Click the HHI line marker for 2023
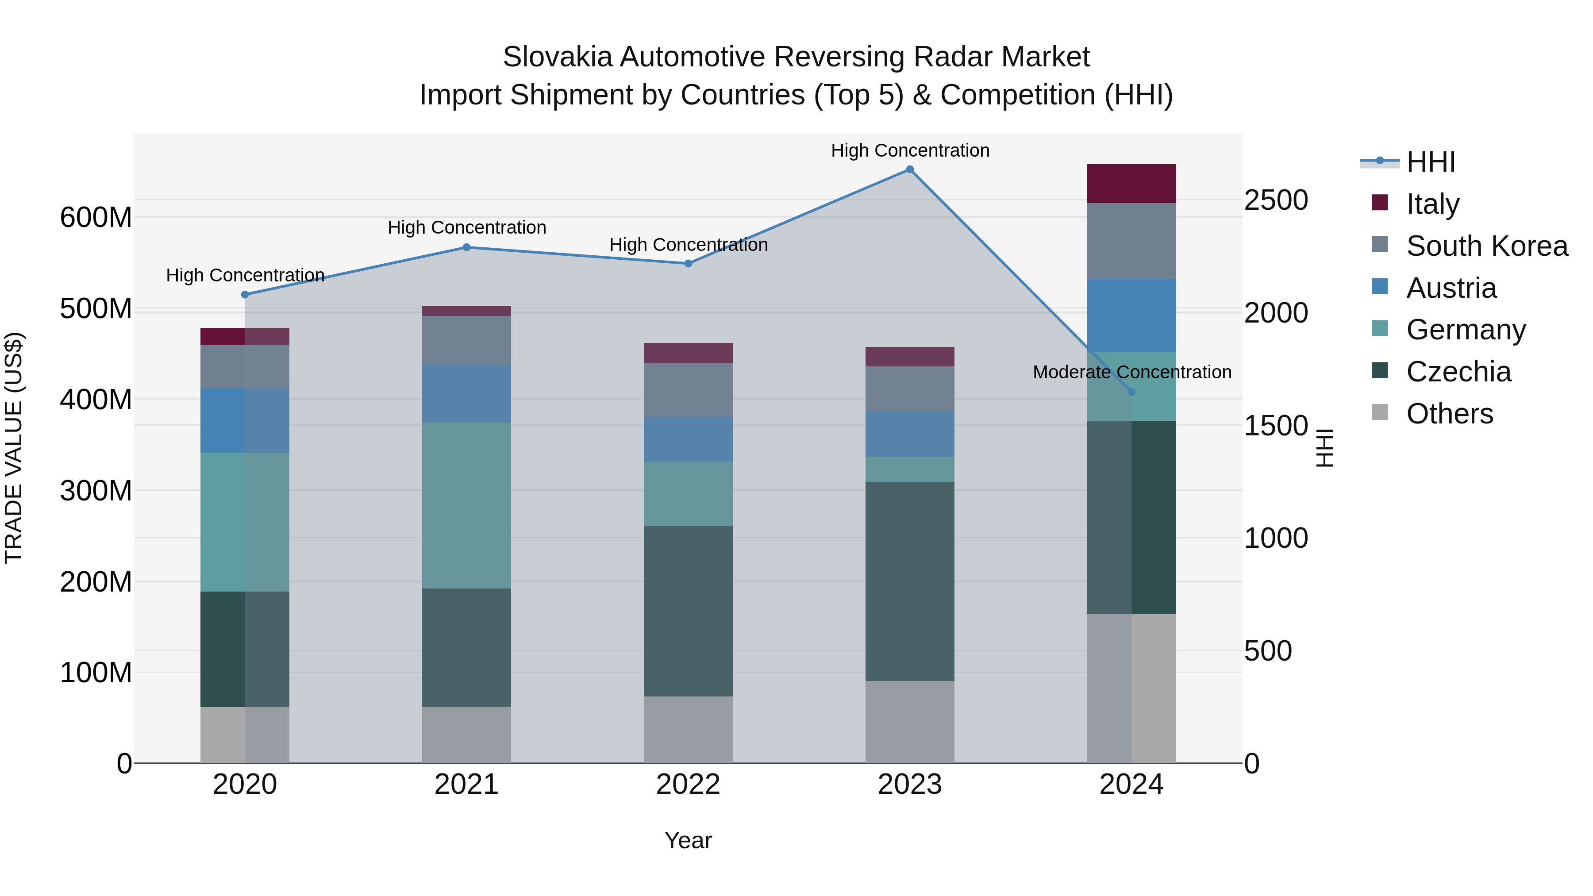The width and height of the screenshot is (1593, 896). click(910, 169)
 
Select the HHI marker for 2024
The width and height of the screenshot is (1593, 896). click(1131, 392)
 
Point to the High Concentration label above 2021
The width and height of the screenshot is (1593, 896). click(467, 227)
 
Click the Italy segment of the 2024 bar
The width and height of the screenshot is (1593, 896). click(1131, 184)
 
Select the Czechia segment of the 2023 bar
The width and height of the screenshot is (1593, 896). click(910, 581)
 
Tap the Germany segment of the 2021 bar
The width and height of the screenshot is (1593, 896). click(467, 505)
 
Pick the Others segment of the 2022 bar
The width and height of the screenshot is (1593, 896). click(688, 730)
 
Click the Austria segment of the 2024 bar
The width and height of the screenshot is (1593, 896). click(1131, 315)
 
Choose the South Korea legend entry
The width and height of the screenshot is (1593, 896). click(1487, 246)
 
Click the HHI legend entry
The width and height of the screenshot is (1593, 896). click(1430, 162)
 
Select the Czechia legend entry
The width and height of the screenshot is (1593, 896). click(1458, 372)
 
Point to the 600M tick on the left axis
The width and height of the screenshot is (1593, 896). click(96, 218)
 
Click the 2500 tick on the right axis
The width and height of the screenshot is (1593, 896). click(1276, 200)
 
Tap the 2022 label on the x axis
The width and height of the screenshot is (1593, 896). click(688, 784)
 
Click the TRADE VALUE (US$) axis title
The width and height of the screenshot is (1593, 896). click(14, 448)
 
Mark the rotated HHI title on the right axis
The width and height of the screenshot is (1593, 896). click(1324, 448)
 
